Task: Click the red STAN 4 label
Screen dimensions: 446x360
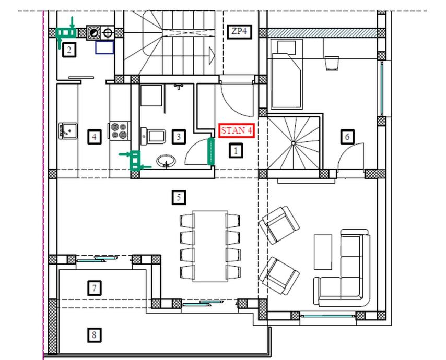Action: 237,130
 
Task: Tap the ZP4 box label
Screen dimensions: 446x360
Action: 240,31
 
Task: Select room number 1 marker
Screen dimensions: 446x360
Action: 236,151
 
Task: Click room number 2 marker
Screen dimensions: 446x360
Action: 69,50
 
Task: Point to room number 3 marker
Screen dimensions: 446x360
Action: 179,137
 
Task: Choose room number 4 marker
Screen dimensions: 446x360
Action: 95,137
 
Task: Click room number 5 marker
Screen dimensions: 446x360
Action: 179,197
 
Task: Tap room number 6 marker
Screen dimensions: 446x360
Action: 347,137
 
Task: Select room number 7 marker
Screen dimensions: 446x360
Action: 95,288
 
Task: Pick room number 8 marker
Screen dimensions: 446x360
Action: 95,335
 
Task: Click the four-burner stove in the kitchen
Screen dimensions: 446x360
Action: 119,130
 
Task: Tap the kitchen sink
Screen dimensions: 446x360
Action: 68,131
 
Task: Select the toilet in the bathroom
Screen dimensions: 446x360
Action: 154,136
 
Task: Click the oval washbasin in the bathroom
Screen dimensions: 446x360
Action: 166,161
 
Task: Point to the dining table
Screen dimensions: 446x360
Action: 210,246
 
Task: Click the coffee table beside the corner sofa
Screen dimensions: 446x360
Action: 323,252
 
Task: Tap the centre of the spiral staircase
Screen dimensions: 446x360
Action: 294,143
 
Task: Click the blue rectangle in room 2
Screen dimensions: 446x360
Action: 104,47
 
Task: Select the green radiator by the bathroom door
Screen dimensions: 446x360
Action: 210,151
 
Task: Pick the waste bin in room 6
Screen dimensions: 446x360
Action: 332,63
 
